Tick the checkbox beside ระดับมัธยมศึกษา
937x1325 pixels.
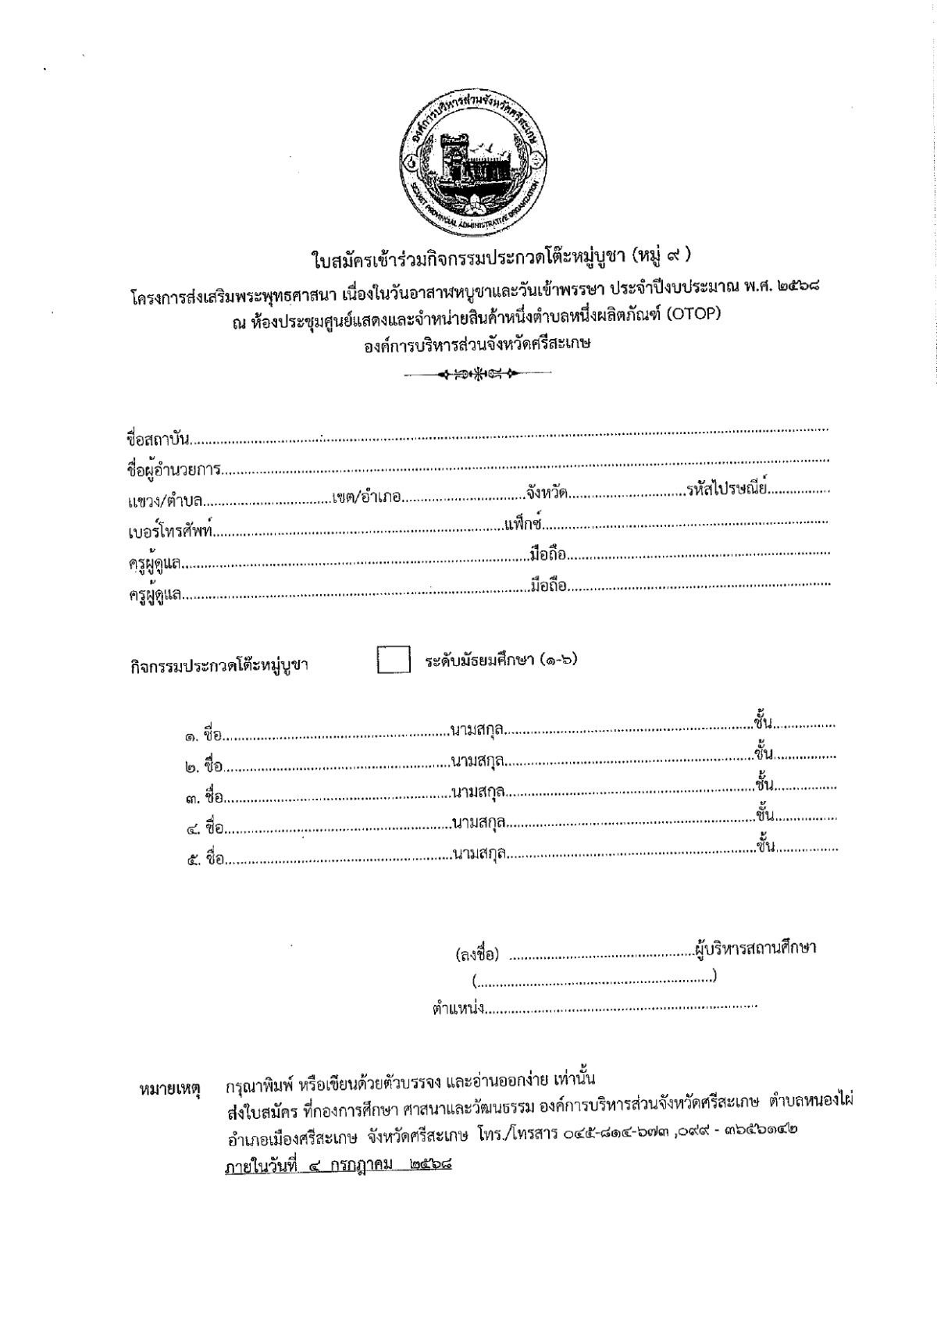394,660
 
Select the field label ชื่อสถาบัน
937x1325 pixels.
159,436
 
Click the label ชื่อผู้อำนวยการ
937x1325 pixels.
173,469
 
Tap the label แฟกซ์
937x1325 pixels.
523,522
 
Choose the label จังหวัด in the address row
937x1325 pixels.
546,493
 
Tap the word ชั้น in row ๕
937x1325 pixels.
765,847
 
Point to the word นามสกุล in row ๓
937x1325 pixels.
477,793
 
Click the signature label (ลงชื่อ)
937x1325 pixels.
477,954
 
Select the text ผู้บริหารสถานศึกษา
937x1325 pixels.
755,948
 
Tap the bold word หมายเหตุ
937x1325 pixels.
169,1088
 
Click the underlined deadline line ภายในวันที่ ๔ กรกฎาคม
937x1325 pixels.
339,1167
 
